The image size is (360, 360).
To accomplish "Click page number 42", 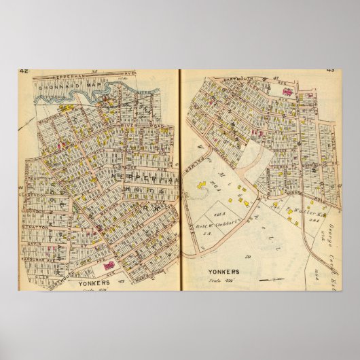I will point(24,71).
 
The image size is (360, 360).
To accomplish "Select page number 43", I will point(331,70).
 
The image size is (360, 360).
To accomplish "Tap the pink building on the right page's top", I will point(287,90).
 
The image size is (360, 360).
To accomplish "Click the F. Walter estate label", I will point(299,211).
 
